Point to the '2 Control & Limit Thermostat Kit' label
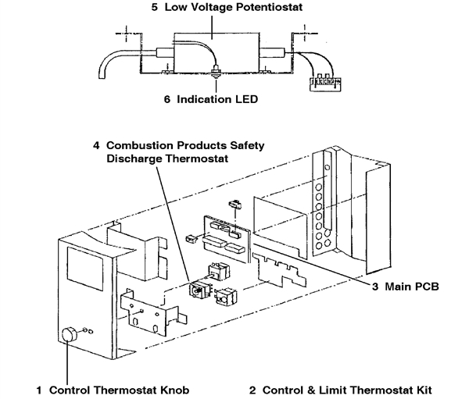pyautogui.click(x=340, y=388)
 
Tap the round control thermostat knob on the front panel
pyautogui.click(x=69, y=334)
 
